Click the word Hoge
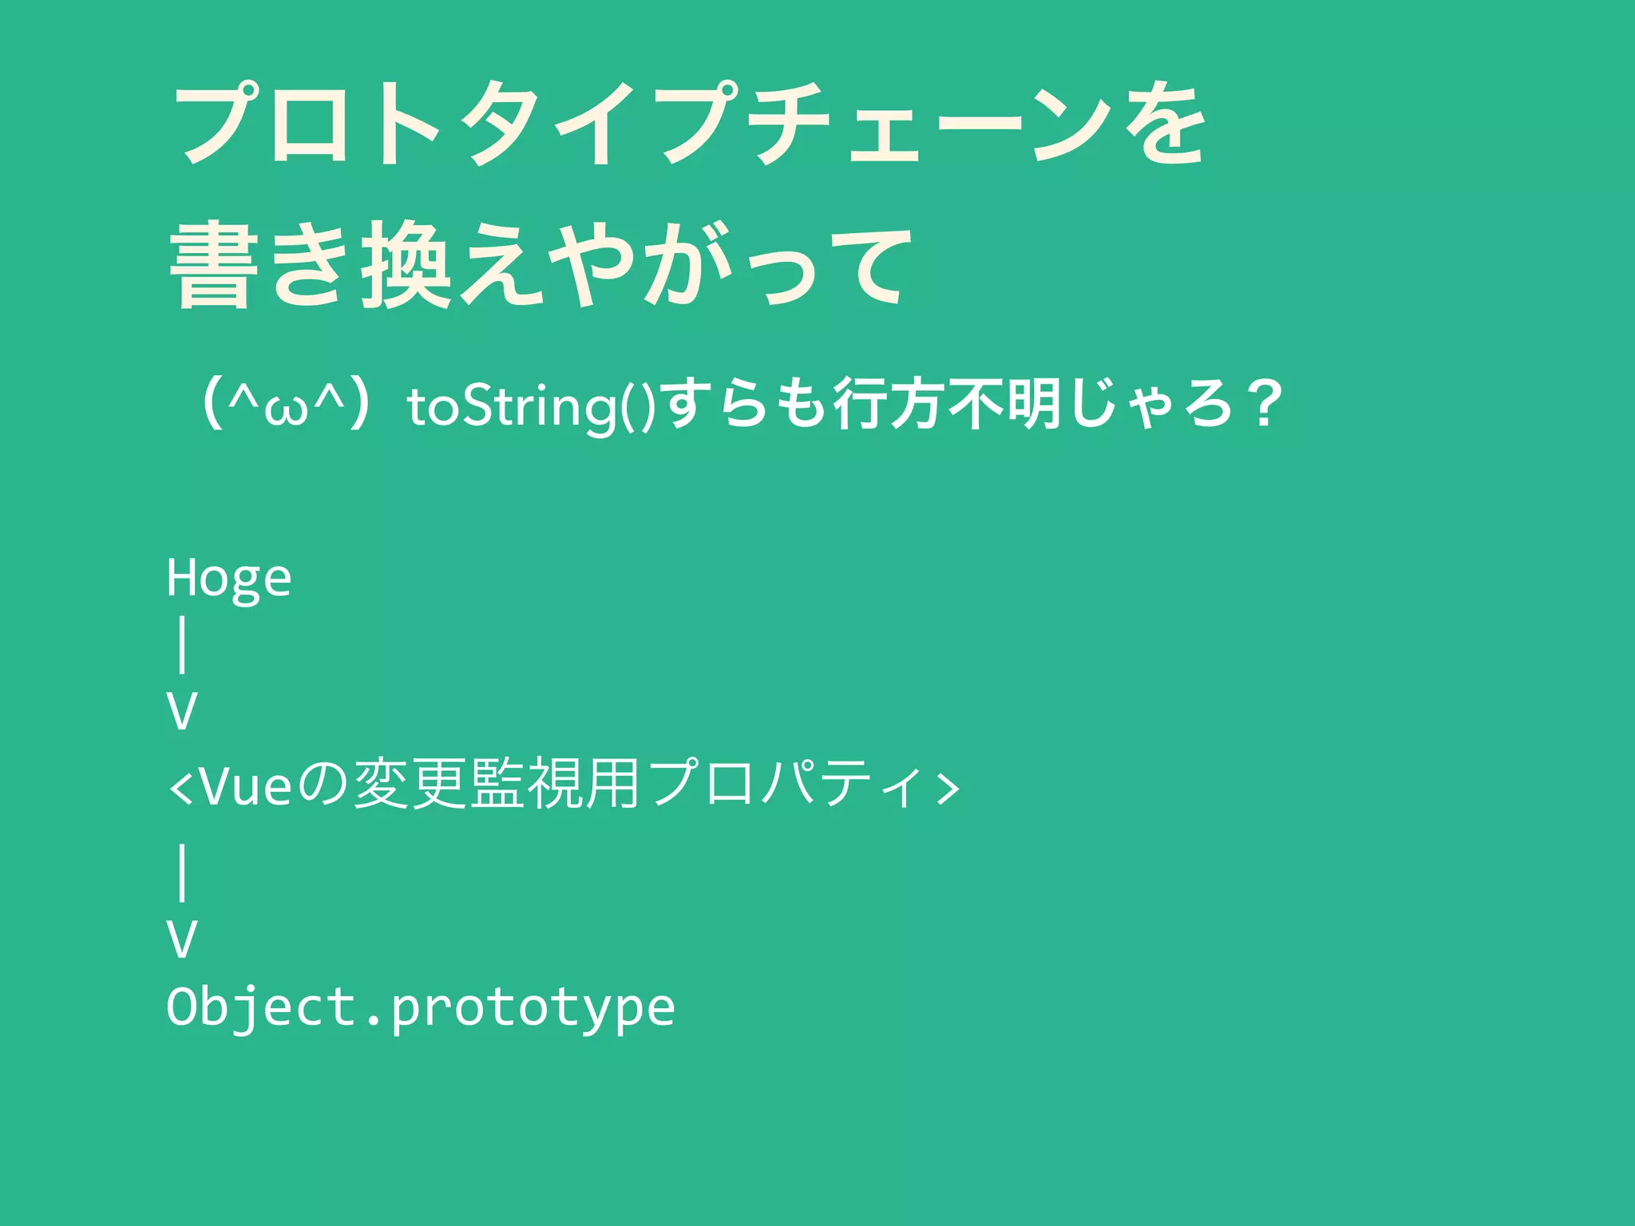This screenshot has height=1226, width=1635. tap(229, 579)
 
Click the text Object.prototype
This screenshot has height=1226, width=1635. tap(421, 1007)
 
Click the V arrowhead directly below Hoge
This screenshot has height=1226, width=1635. tap(182, 711)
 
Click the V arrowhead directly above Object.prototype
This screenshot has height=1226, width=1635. tap(182, 939)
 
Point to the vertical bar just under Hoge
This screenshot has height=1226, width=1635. tap(183, 647)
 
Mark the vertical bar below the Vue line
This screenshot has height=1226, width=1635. tap(183, 872)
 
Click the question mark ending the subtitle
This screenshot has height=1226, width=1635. tap(1263, 405)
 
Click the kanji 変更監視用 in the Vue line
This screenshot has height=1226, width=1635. tap(497, 785)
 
